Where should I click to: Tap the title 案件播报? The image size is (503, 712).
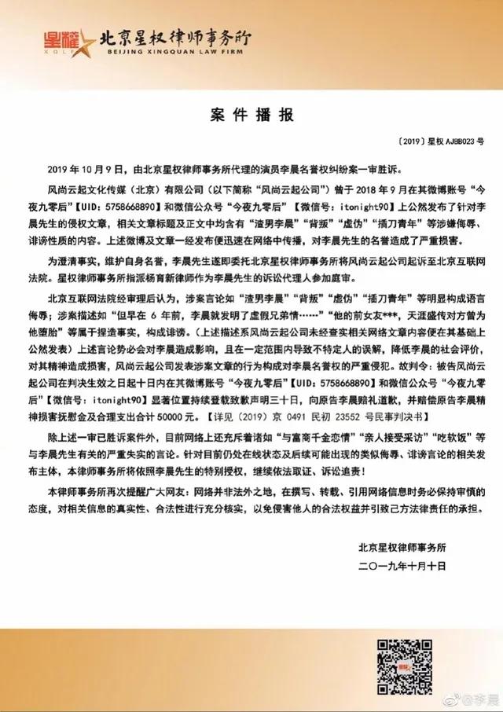[251, 116]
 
